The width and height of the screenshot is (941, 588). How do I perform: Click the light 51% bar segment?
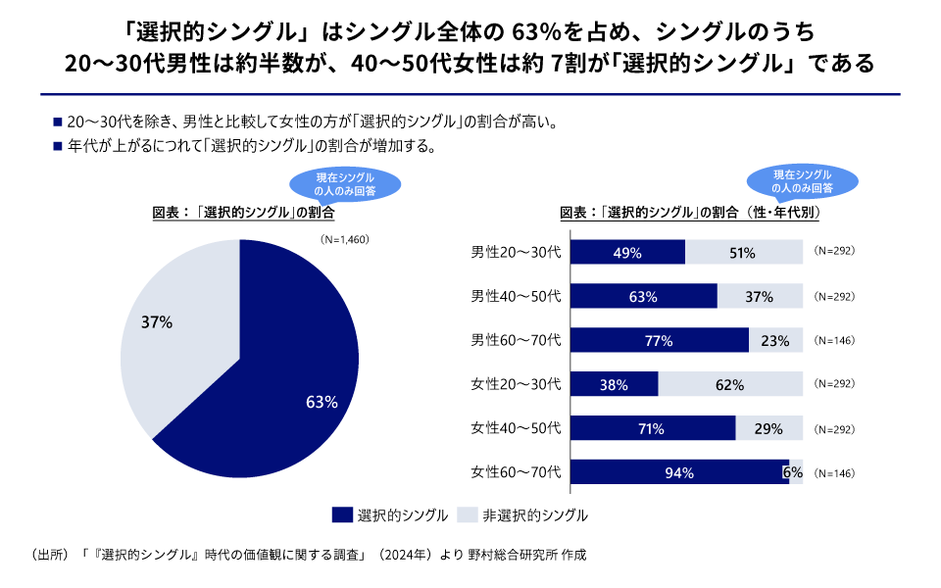click(x=744, y=252)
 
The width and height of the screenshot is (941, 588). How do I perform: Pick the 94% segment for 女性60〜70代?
click(x=678, y=472)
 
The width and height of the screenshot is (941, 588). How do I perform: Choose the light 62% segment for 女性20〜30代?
click(x=730, y=384)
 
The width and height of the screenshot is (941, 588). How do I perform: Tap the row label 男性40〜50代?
click(x=516, y=296)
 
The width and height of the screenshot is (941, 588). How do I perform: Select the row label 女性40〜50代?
click(x=516, y=428)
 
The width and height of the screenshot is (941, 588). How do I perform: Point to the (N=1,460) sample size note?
click(x=343, y=238)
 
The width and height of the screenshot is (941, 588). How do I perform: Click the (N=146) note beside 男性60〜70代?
click(x=835, y=340)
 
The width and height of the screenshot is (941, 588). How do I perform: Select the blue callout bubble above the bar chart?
click(x=802, y=180)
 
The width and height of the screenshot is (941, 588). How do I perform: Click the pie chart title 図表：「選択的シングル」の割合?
click(x=243, y=212)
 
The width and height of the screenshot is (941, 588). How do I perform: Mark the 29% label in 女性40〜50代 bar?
click(x=768, y=428)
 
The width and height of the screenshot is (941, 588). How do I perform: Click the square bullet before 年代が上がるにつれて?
click(x=58, y=147)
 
